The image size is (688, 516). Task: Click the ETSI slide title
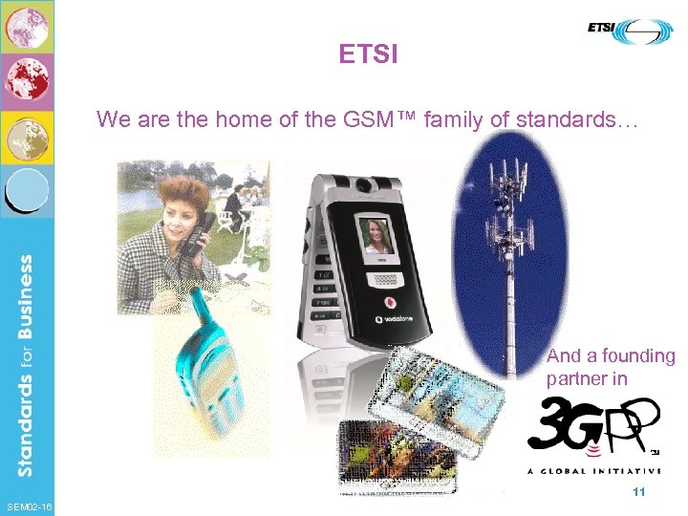tap(368, 54)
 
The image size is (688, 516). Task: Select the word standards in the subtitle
tap(562, 119)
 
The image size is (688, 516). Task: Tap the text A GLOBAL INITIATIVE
tap(593, 470)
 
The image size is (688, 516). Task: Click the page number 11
tap(639, 491)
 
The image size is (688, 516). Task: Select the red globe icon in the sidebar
tap(27, 81)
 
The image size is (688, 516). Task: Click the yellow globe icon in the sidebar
tap(27, 138)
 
